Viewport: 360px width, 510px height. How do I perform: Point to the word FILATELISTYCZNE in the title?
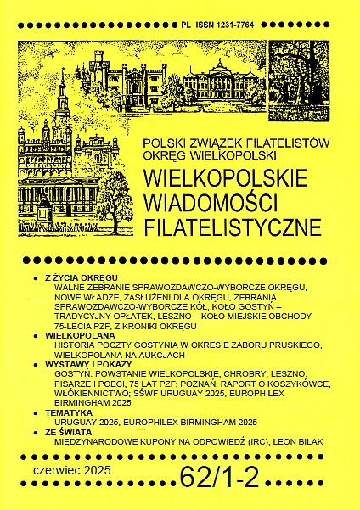pos(233,227)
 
